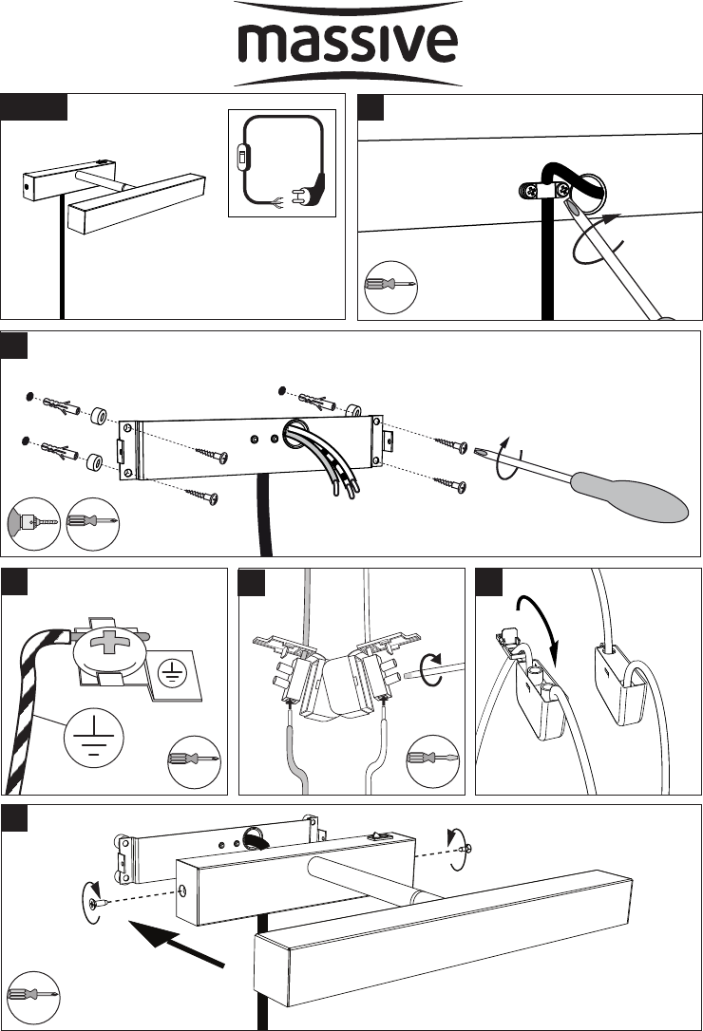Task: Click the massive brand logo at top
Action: (x=348, y=44)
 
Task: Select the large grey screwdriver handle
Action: (x=629, y=497)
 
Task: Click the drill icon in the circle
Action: (x=34, y=524)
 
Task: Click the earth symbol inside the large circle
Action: (x=93, y=738)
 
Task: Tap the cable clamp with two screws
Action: (x=545, y=192)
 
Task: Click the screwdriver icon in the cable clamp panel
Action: (x=390, y=286)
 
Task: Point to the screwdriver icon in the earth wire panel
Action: (x=194, y=761)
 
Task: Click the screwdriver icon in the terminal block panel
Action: (x=432, y=760)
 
